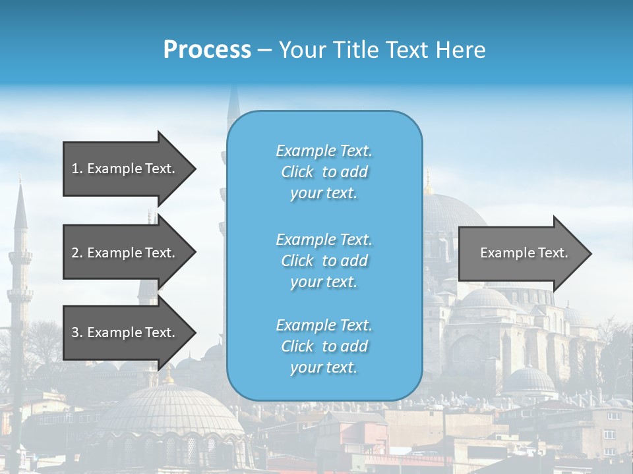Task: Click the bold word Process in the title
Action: point(207,50)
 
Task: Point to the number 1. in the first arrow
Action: point(77,169)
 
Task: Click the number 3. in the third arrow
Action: point(77,332)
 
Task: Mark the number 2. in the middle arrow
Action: point(77,253)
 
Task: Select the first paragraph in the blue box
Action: point(324,172)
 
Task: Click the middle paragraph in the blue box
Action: point(324,261)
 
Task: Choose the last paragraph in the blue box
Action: point(324,346)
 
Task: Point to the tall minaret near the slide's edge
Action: point(20,263)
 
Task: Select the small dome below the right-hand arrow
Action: point(529,381)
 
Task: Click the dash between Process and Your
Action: point(264,50)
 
